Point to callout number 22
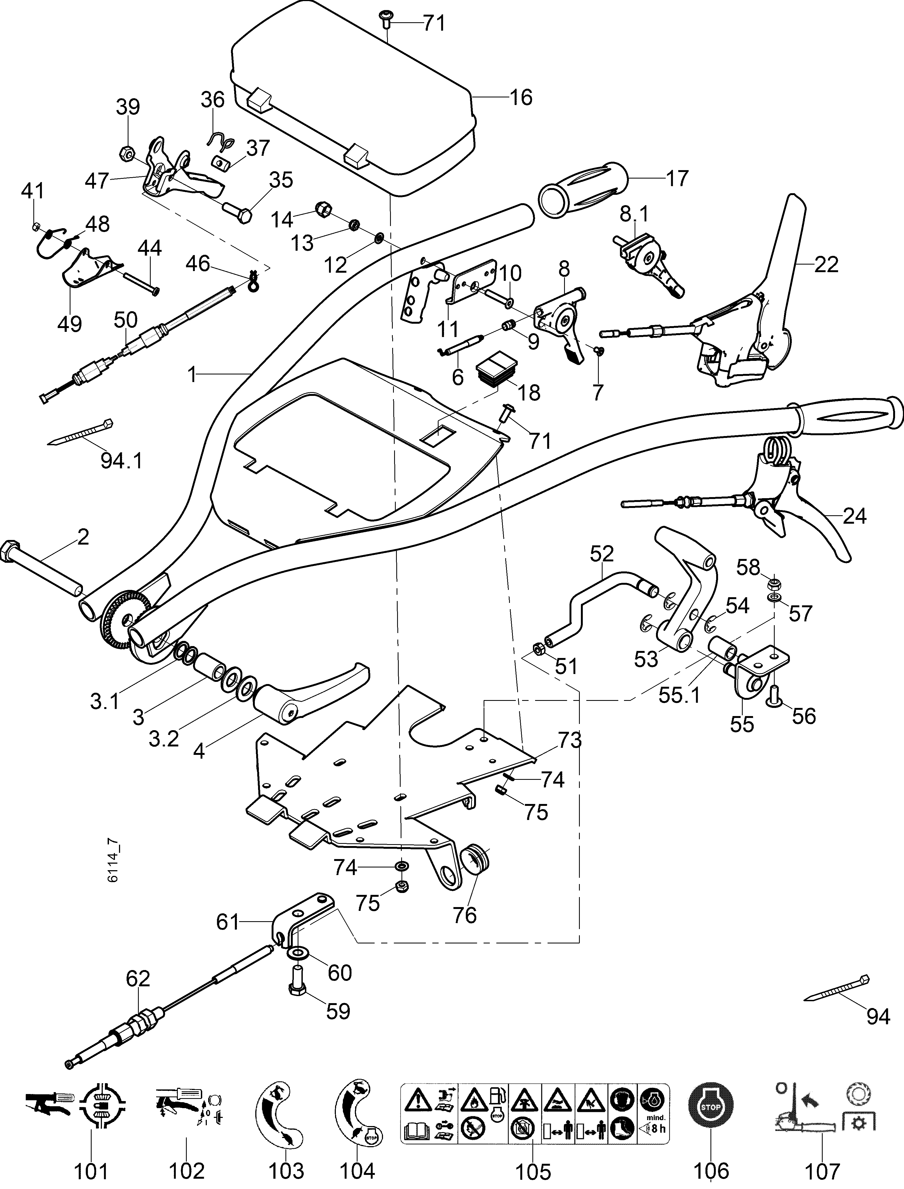[x=826, y=265]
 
